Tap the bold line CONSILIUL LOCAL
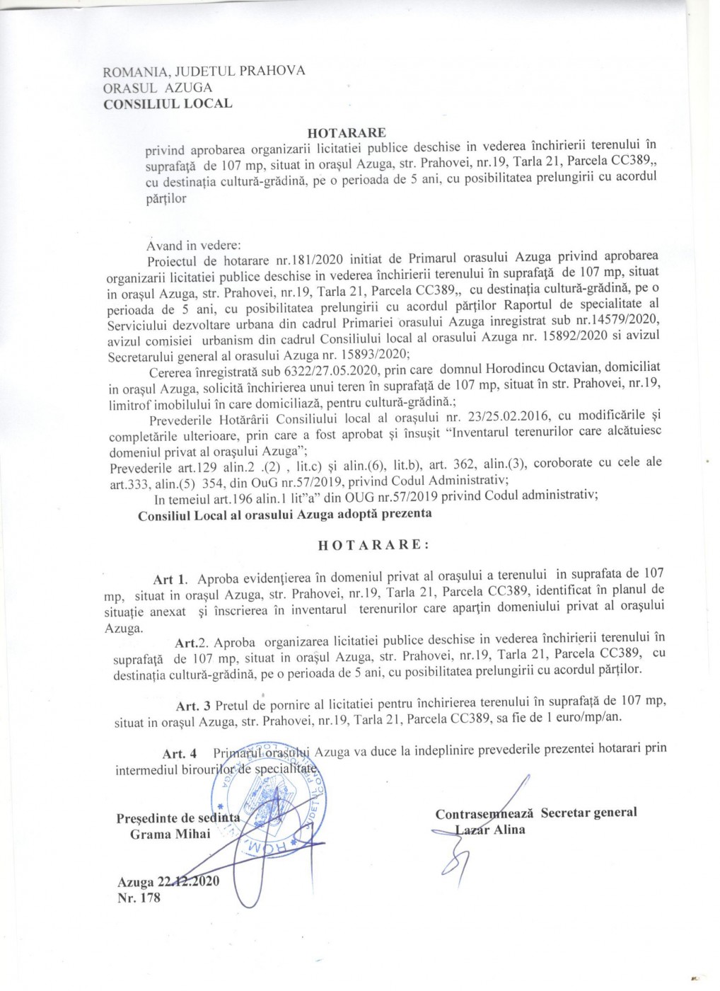point(167,103)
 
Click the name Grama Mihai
point(170,833)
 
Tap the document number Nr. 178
point(140,898)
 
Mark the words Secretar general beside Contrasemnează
point(588,812)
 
